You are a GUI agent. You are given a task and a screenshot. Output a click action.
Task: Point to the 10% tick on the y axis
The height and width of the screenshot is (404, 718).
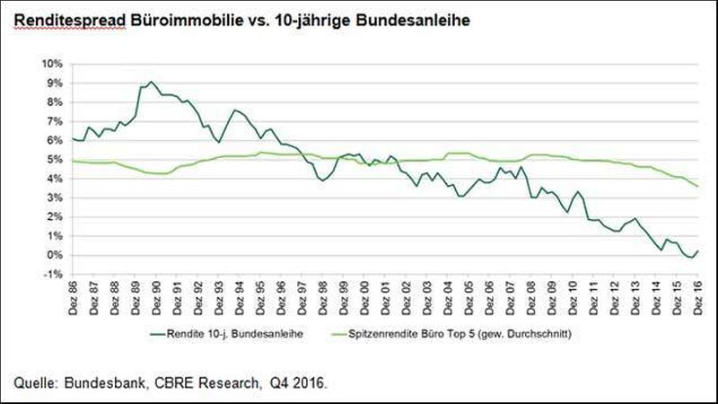tap(50, 65)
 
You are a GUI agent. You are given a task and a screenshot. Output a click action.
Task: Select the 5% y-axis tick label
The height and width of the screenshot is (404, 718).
tap(53, 160)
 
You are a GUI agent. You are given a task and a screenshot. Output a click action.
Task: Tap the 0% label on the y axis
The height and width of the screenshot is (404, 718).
tap(53, 255)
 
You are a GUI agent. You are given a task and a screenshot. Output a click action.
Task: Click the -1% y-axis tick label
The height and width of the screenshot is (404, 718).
tap(52, 274)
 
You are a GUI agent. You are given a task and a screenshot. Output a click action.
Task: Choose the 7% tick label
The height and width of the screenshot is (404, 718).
tap(53, 122)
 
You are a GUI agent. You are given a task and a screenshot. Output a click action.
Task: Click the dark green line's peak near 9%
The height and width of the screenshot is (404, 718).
tap(150, 82)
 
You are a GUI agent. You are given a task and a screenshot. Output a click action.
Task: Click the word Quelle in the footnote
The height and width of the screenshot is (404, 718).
tap(35, 383)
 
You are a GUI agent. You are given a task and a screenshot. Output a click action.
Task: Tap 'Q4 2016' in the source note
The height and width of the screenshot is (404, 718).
tap(300, 383)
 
